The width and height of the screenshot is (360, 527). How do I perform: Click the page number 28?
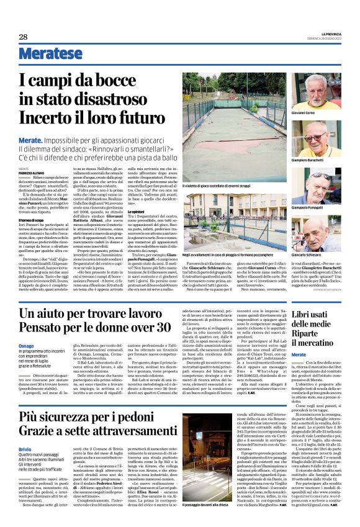pos(23,37)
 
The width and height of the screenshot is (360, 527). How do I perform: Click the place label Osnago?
pos(27,346)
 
